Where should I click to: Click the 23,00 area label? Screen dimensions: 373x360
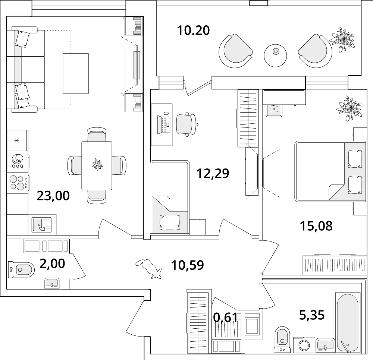53,196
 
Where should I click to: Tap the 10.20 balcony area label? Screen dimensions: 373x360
193,31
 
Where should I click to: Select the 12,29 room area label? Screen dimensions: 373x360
213,173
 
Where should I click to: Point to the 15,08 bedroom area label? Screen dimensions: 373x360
316,226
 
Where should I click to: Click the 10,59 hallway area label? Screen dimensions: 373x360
188,265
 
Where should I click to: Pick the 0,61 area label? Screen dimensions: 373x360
225,317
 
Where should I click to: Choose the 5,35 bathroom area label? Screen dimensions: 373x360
311,315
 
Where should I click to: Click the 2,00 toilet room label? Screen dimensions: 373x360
52,263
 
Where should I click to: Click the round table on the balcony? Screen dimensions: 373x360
276,56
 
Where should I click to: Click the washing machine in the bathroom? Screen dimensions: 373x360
304,345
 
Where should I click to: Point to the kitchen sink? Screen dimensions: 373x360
42,225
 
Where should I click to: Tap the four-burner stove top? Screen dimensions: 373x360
18,182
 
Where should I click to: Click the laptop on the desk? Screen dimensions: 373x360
164,124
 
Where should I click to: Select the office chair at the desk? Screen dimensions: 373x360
187,124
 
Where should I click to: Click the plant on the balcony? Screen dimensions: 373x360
342,39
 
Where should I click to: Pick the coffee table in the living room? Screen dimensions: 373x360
76,73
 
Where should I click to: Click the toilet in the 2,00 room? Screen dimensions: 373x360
21,269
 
